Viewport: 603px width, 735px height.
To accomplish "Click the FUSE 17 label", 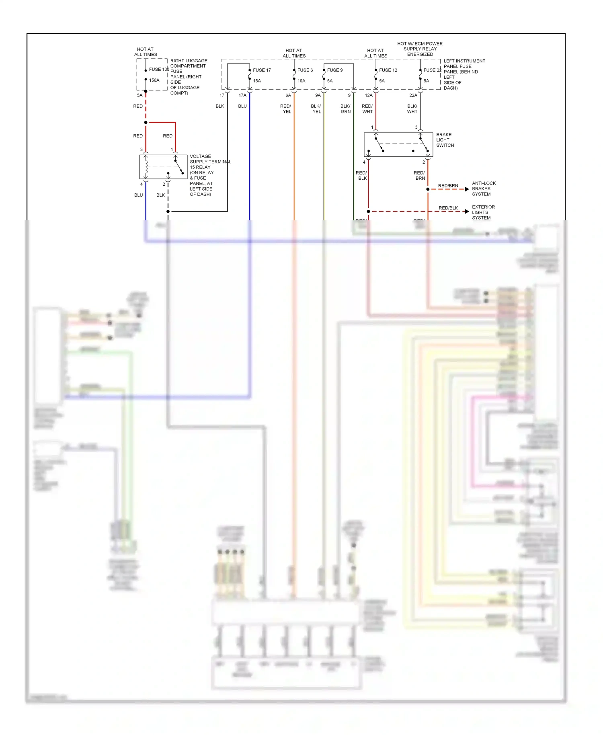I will (x=262, y=70).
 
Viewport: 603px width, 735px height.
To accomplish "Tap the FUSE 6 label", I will (x=305, y=70).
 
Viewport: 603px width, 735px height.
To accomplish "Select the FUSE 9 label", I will (x=334, y=70).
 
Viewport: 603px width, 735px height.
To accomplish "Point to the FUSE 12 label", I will (x=388, y=70).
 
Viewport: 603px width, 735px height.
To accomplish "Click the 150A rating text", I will (x=154, y=80).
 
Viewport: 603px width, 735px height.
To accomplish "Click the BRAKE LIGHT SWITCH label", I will (x=445, y=140).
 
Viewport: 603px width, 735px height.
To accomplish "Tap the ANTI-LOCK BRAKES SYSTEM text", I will (x=483, y=189).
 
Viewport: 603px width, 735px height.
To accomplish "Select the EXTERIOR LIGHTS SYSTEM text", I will (x=483, y=212).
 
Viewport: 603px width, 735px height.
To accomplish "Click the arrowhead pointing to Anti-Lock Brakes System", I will (x=467, y=189).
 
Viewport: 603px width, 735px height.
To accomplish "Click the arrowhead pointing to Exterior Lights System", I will (x=467, y=211).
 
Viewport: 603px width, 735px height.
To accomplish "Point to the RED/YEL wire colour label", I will (x=286, y=109).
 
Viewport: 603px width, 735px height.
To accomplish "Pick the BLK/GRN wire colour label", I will (x=345, y=109).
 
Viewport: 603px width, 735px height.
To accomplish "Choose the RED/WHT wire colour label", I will (x=367, y=109).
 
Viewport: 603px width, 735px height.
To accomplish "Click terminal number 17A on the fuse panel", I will (x=242, y=95).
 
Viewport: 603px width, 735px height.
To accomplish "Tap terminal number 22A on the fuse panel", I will (x=413, y=95).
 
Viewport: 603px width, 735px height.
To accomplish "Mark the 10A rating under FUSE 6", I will (x=301, y=81).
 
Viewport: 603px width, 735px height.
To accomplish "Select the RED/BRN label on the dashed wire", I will (x=448, y=186).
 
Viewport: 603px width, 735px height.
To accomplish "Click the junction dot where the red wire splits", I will (x=146, y=122).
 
